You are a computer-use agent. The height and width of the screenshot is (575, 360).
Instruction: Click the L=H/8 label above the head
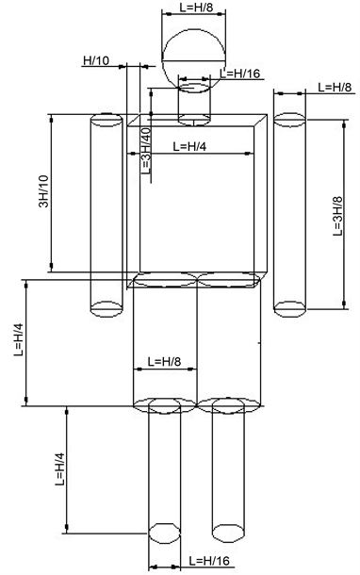(196, 7)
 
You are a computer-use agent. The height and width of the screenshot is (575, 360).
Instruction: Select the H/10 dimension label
(96, 60)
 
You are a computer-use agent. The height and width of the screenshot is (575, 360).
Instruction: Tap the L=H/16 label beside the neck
(239, 74)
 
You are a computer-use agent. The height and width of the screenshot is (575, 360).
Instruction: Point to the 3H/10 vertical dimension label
(43, 191)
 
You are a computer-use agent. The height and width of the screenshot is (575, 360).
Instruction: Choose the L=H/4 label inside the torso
(189, 146)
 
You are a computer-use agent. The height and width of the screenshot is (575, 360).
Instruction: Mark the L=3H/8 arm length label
(337, 216)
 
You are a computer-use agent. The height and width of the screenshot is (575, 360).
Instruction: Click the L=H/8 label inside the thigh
(164, 362)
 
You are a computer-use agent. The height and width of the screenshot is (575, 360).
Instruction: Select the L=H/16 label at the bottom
(209, 561)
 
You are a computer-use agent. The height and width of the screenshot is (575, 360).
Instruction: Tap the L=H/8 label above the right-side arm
(335, 87)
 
